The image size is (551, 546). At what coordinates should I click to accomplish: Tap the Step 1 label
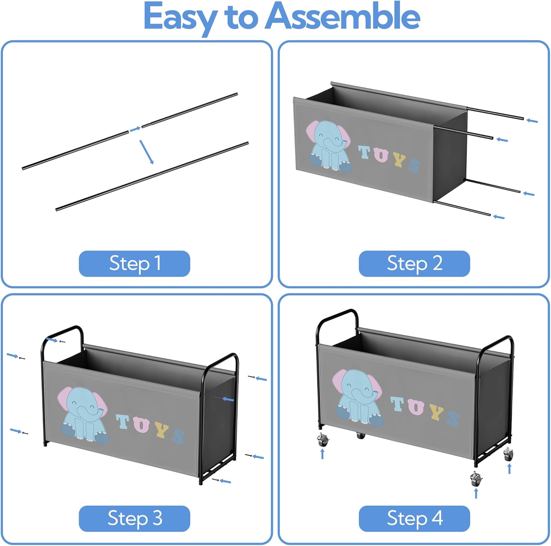pyautogui.click(x=134, y=264)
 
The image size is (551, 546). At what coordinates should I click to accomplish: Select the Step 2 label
pyautogui.click(x=414, y=264)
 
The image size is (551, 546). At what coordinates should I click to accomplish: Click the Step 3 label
pyautogui.click(x=134, y=518)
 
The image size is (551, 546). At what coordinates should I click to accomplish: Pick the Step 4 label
pyautogui.click(x=414, y=518)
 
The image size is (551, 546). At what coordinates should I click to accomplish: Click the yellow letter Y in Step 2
pyautogui.click(x=399, y=160)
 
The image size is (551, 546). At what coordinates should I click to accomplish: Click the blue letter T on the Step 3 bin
pyautogui.click(x=123, y=422)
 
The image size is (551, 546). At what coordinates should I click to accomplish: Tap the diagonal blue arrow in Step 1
pyautogui.click(x=146, y=152)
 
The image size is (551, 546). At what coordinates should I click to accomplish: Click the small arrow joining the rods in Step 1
pyautogui.click(x=135, y=129)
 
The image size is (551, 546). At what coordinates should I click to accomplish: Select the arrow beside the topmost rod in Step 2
pyautogui.click(x=532, y=120)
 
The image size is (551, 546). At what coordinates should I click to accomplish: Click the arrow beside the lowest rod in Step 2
pyautogui.click(x=498, y=217)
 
